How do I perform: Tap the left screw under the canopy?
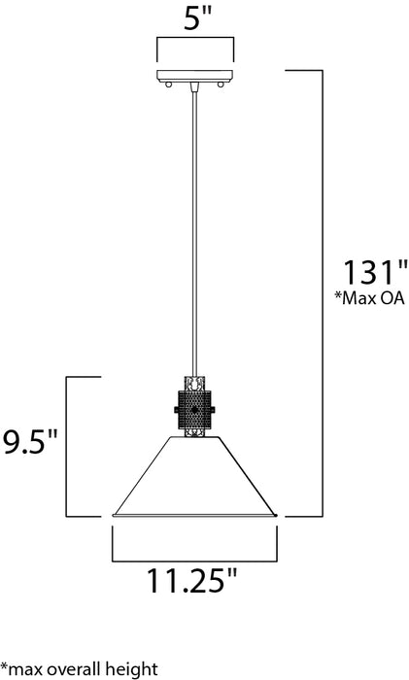point(171,86)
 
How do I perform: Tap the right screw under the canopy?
point(221,86)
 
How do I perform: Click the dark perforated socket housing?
point(196,413)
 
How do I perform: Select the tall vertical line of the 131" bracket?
point(323,291)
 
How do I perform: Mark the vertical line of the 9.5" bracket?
point(66,447)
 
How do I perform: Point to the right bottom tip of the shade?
point(279,515)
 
